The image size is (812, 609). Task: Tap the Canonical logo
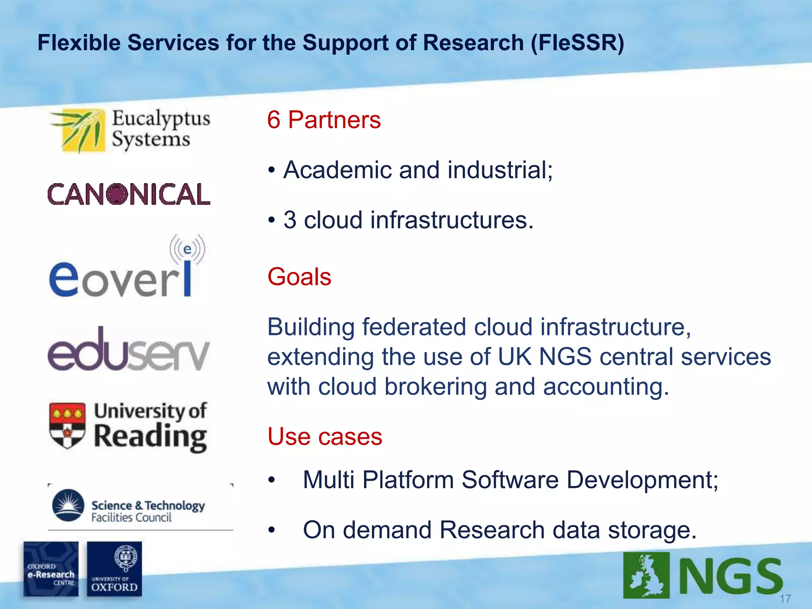[129, 194]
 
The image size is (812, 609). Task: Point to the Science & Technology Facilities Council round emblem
[68, 505]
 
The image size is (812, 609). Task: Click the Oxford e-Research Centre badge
[51, 569]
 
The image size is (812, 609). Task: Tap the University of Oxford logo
[114, 569]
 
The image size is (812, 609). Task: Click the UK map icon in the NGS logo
[646, 575]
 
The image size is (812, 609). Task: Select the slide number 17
[785, 598]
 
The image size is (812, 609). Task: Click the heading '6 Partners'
[324, 120]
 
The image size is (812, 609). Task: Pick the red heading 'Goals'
[299, 276]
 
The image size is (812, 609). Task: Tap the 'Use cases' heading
[325, 437]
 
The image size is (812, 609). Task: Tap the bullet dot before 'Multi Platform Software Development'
[271, 480]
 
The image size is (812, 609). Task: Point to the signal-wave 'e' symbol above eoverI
[187, 249]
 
